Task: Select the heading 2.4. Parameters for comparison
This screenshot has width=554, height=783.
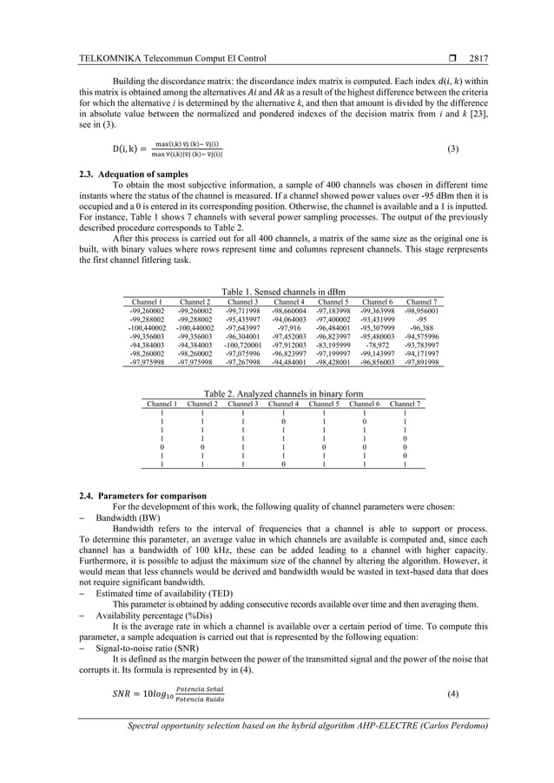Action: (x=142, y=496)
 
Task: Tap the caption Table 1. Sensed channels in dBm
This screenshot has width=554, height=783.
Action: (x=277, y=293)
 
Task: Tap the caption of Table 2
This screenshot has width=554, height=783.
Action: (x=282, y=394)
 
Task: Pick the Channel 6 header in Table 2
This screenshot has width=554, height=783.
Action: (x=364, y=404)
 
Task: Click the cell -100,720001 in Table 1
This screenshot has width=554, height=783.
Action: (x=241, y=344)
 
